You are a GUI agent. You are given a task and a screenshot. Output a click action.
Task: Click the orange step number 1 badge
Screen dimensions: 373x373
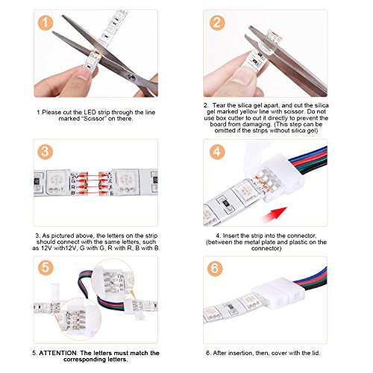(x=46, y=22)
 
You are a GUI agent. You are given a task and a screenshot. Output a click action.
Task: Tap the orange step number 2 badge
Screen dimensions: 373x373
(x=217, y=22)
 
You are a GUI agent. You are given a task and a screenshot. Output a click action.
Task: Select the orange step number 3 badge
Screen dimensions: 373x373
(x=46, y=152)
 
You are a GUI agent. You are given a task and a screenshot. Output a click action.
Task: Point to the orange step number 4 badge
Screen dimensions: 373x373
(x=217, y=152)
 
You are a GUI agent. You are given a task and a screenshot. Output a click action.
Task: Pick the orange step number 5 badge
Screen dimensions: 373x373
(x=46, y=268)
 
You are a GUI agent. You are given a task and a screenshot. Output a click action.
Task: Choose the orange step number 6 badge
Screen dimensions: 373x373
(x=215, y=269)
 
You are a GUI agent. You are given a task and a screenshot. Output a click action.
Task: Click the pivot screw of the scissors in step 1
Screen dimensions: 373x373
(x=132, y=78)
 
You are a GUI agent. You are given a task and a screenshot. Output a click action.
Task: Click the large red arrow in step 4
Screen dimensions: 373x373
(x=274, y=214)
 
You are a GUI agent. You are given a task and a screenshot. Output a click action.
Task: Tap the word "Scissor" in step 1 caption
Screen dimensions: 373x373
(x=93, y=119)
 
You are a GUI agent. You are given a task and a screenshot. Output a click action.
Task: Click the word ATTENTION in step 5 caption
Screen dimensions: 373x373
(x=58, y=353)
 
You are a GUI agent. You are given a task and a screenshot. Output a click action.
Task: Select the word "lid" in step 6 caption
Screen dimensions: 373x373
(x=315, y=353)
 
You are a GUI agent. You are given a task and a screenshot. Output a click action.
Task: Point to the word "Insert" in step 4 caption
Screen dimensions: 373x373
(x=231, y=236)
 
